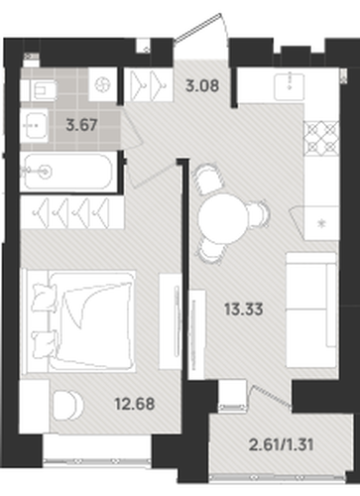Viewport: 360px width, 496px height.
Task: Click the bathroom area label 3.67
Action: point(81,125)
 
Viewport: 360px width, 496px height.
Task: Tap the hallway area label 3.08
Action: point(202,85)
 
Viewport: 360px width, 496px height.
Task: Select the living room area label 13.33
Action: point(244,310)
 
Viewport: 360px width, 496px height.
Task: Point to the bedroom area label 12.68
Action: point(135,404)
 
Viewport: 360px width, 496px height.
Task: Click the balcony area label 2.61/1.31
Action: point(281,444)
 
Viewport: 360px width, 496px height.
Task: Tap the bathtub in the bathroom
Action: point(68,172)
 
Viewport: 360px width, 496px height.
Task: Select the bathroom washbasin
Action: point(34,125)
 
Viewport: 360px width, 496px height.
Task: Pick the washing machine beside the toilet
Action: point(102,85)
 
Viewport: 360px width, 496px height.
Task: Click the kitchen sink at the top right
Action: point(290,86)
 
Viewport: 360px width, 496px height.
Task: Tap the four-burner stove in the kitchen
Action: point(321,138)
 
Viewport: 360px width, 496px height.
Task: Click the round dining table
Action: point(223,218)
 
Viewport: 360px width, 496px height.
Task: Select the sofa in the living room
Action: point(311,310)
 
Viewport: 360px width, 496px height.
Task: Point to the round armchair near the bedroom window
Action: point(67,406)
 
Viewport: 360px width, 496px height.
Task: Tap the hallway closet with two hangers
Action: point(149,85)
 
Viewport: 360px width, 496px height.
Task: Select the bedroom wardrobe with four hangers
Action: point(72,212)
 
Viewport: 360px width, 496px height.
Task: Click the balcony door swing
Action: point(270,395)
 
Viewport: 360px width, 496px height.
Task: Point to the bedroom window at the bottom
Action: point(97,460)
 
